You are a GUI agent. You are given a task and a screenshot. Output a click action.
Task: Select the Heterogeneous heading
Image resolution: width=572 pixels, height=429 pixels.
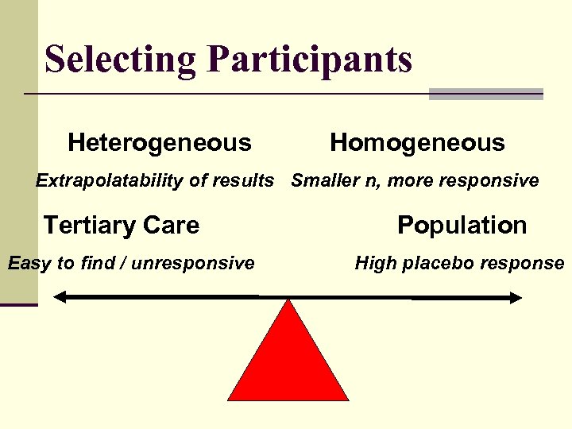pyautogui.click(x=160, y=143)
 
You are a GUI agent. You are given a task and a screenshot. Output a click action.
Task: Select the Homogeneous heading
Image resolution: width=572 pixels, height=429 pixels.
pyautogui.click(x=417, y=143)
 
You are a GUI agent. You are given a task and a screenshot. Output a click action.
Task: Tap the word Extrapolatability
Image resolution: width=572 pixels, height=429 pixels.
pyautogui.click(x=104, y=181)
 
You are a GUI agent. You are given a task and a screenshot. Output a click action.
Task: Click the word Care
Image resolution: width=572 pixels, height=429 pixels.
pyautogui.click(x=172, y=226)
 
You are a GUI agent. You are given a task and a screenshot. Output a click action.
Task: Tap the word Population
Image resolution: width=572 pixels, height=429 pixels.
pyautogui.click(x=462, y=226)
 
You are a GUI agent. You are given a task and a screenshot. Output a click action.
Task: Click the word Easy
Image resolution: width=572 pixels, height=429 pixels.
pyautogui.click(x=29, y=263)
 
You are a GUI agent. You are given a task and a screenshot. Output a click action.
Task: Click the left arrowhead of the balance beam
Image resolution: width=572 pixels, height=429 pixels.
pyautogui.click(x=60, y=298)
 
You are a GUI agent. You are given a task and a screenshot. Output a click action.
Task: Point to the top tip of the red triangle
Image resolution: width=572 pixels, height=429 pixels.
pyautogui.click(x=288, y=302)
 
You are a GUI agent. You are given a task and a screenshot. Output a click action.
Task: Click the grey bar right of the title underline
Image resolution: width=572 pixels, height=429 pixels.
pyautogui.click(x=485, y=94)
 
